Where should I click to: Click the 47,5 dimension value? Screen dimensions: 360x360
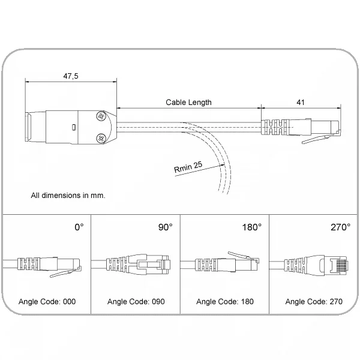[71, 76]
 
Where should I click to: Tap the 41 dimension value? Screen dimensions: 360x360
[301, 102]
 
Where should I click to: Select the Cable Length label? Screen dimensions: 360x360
[188, 103]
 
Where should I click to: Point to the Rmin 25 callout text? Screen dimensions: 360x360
[188, 167]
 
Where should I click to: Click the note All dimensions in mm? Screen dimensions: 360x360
[68, 196]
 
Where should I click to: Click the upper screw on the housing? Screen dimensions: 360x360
[101, 116]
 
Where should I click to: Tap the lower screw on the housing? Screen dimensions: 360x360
[101, 138]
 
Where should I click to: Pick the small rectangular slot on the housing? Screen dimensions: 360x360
[73, 127]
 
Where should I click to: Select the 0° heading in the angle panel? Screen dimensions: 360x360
[79, 227]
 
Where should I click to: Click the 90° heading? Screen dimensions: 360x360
[166, 227]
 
